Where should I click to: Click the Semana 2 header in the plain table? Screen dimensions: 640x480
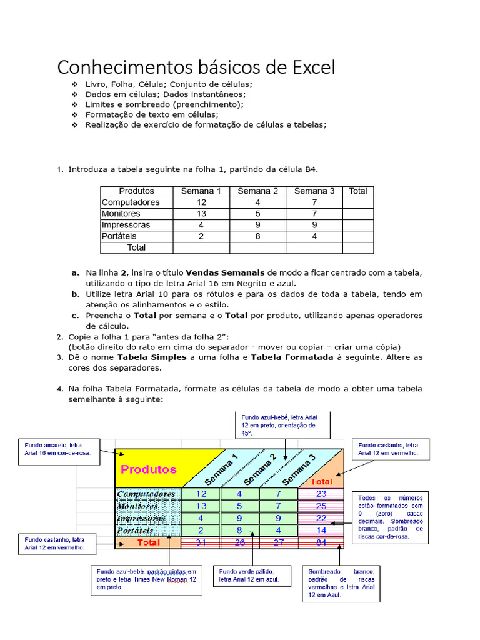[257, 191]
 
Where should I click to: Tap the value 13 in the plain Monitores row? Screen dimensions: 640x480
[201, 214]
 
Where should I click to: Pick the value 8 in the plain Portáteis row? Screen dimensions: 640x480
[257, 236]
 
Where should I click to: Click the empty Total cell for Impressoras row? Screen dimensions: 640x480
[357, 225]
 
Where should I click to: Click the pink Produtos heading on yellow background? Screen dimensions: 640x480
[149, 469]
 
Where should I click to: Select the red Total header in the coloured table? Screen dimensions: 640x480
[322, 482]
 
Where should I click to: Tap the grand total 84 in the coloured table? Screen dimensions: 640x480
[321, 542]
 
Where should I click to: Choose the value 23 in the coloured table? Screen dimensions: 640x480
[321, 494]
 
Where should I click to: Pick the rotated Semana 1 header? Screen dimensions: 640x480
[221, 470]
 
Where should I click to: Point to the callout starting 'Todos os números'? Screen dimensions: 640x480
[391, 516]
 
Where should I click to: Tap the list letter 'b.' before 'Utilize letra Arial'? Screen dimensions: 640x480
[75, 294]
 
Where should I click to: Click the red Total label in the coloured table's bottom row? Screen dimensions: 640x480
[149, 542]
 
